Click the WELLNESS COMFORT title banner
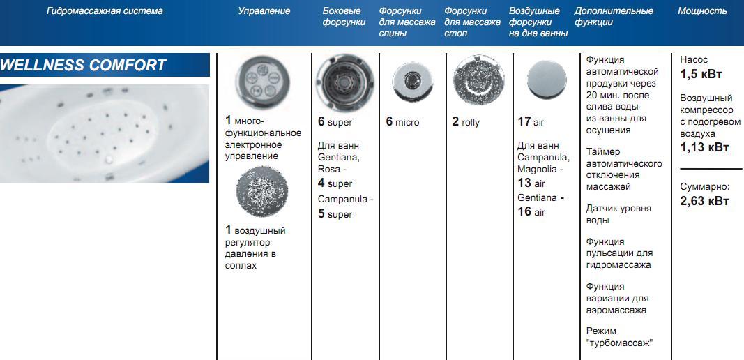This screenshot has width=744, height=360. (x=105, y=65)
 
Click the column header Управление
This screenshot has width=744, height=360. (x=264, y=11)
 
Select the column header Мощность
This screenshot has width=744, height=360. (x=702, y=11)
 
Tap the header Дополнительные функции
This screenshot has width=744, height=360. (x=614, y=17)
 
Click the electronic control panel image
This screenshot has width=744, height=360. (x=262, y=79)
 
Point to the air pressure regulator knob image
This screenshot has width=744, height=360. (x=262, y=191)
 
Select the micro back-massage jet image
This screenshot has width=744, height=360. (x=412, y=80)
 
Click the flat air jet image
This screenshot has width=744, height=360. (x=547, y=80)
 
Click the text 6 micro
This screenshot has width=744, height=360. (x=402, y=122)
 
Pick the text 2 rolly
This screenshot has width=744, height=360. (x=466, y=122)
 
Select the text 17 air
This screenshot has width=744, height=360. (x=531, y=122)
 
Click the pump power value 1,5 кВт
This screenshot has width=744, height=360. (x=701, y=75)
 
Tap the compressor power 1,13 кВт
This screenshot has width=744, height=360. (x=704, y=147)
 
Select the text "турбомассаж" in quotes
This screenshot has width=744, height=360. (x=619, y=343)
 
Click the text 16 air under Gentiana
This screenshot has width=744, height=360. (x=531, y=212)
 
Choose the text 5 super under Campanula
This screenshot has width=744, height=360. (x=335, y=214)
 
